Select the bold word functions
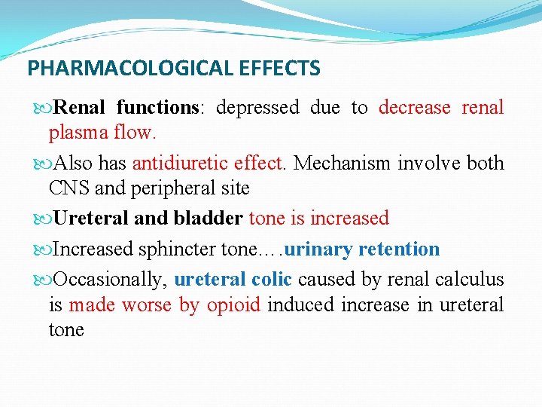coord(157,108)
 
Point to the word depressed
coord(257,108)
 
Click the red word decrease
coord(413,108)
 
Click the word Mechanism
coord(341,164)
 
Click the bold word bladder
coord(208,219)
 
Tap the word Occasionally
coord(110,280)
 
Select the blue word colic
coord(272,280)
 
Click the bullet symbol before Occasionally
coord(41,280)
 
